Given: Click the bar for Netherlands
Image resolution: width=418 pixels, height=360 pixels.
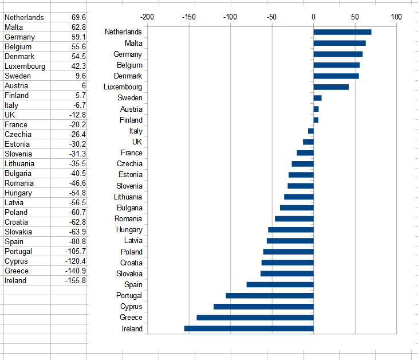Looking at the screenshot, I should [342, 32].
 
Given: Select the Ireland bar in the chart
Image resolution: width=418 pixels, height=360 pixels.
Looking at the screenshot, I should [249, 328].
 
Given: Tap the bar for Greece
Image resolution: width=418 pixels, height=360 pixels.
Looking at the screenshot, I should [255, 318].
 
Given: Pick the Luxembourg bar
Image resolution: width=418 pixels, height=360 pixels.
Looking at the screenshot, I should [331, 87].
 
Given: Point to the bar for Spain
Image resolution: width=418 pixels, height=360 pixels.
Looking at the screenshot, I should [280, 284].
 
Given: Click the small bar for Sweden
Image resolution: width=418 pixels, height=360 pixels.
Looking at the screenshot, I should [317, 98].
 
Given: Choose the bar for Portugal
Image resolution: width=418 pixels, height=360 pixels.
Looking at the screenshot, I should [270, 296].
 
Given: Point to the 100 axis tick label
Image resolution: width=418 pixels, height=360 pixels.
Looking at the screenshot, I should [396, 17].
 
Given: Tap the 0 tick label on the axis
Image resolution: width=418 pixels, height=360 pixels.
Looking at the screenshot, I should [313, 17].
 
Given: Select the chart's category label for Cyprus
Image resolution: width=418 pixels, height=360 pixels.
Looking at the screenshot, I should [131, 307].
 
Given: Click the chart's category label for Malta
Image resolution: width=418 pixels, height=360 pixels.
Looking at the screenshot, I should [133, 43].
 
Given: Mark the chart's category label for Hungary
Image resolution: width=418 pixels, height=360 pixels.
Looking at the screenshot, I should [129, 230].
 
